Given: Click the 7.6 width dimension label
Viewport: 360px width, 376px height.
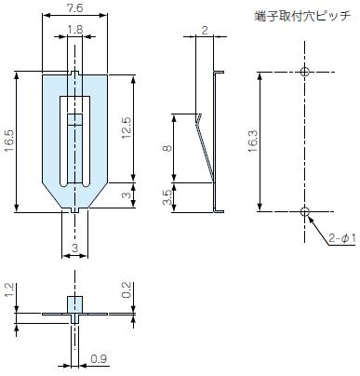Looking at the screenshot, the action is [75, 7].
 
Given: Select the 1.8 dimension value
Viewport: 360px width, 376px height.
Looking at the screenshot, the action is [75, 30].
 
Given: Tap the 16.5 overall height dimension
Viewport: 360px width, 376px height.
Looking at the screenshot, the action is [9, 141].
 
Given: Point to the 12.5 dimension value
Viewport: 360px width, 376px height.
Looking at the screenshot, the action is [127, 128].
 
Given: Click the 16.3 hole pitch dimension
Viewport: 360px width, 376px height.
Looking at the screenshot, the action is [253, 141].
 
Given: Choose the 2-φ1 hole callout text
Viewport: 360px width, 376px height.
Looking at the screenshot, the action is [342, 238].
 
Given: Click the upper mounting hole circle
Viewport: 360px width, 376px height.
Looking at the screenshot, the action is [305, 72].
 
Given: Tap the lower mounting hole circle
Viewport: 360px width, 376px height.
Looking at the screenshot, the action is [305, 212].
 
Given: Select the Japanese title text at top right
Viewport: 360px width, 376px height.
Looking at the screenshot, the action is [302, 16].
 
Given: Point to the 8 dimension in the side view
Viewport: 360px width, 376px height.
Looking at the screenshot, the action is [167, 148].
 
